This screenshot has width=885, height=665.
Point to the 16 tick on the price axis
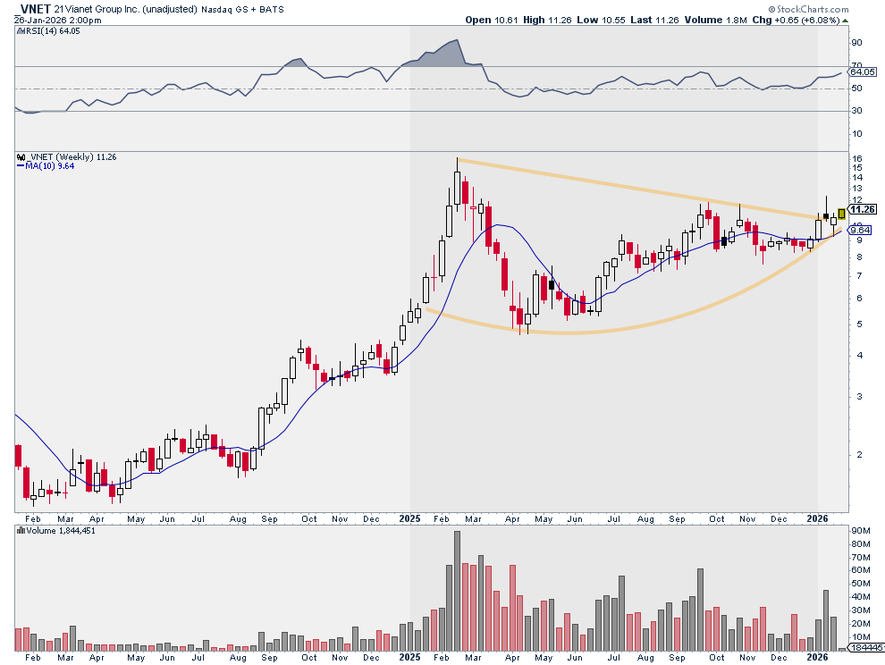tap(856, 158)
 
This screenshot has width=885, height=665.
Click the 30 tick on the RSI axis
tap(855, 111)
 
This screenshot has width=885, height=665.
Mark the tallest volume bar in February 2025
tap(457, 590)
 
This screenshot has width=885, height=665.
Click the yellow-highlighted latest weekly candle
tap(841, 214)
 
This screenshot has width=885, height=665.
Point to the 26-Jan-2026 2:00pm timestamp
tap(53, 20)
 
